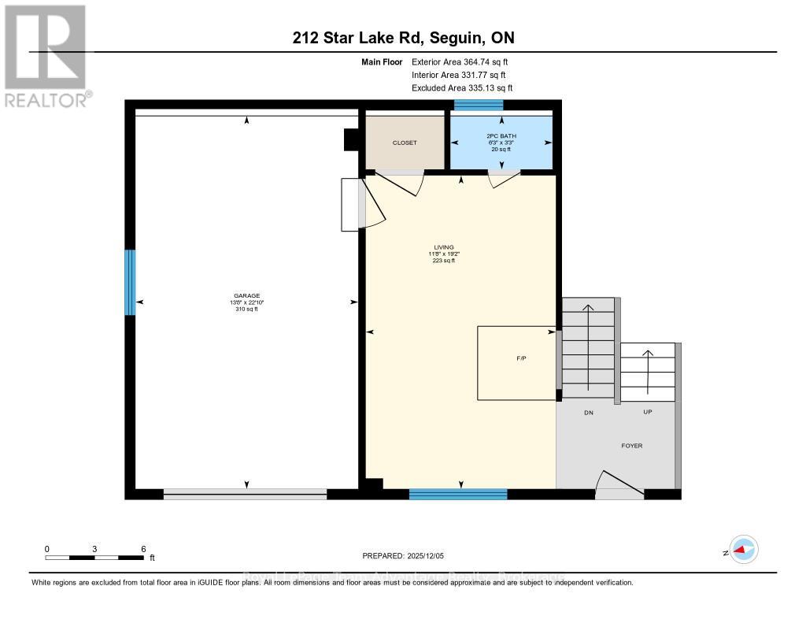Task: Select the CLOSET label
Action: pos(405,143)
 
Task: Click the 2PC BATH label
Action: pos(499,136)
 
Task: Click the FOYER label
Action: pos(631,446)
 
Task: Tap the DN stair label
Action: pos(587,413)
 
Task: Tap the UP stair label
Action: pos(647,413)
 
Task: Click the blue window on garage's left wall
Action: pos(131,282)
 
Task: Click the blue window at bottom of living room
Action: pos(457,494)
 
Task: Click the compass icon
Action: pos(743,551)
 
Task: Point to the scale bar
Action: pos(94,558)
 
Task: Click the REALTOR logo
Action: pos(47,55)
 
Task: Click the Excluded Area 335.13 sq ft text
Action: pos(467,88)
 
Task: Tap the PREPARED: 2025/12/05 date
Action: pos(403,556)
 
